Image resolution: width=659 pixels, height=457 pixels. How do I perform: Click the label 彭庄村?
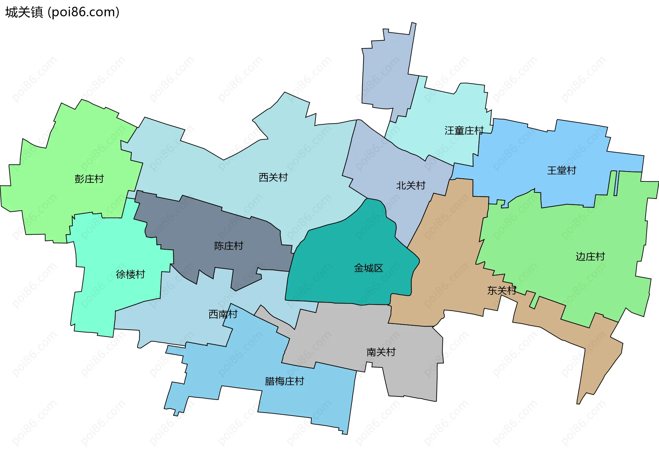point(89,179)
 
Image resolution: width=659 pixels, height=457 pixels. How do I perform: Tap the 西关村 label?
point(273,177)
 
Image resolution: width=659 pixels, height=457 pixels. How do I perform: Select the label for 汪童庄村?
point(464,131)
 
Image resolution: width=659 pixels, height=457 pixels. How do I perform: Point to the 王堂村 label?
point(562,170)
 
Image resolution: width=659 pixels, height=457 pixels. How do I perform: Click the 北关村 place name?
point(411,186)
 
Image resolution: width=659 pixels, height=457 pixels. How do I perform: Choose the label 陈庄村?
point(229,246)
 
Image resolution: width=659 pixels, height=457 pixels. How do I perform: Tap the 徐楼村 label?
point(130,274)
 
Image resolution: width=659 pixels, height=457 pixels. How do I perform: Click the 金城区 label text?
point(368,268)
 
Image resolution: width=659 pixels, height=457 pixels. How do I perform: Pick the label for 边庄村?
point(590,257)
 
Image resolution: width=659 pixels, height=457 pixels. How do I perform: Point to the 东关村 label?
point(501,291)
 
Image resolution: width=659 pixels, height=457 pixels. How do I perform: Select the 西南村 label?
point(223,314)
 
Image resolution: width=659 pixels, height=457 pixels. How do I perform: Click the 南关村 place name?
point(381,352)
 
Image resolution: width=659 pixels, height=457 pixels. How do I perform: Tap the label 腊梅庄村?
point(284,381)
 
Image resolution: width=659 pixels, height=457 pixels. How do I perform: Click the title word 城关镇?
point(24,12)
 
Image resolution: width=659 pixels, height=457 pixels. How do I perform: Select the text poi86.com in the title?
point(84,12)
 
